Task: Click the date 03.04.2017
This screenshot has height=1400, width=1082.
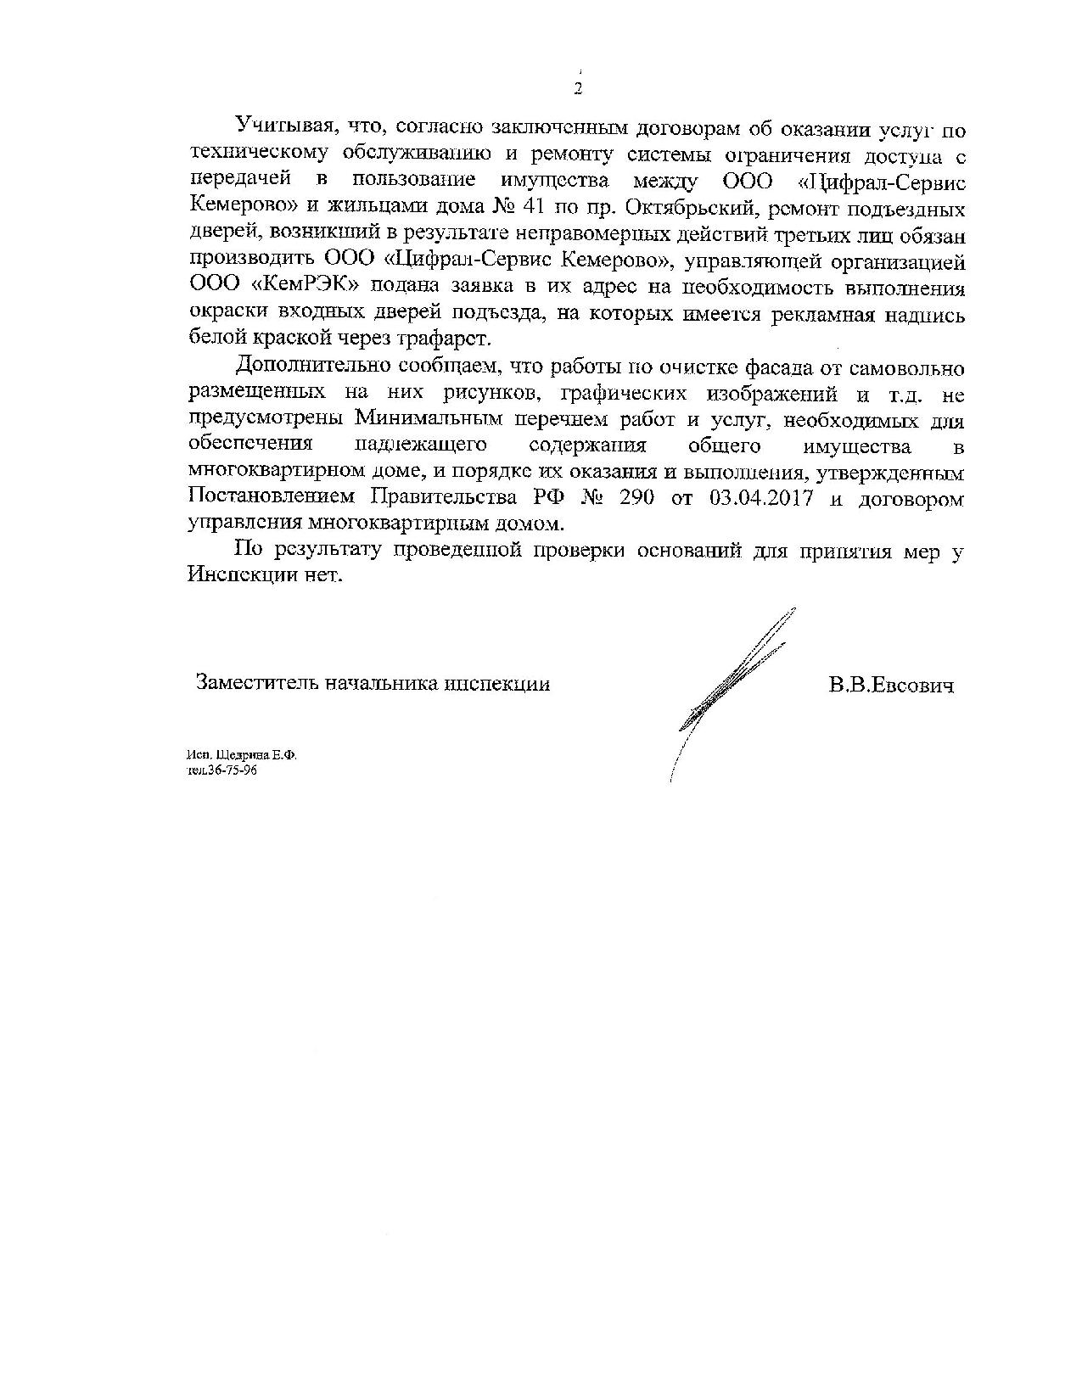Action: [759, 498]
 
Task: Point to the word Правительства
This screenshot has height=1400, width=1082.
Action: [440, 498]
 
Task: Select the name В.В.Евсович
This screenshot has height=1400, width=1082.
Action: [891, 685]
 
